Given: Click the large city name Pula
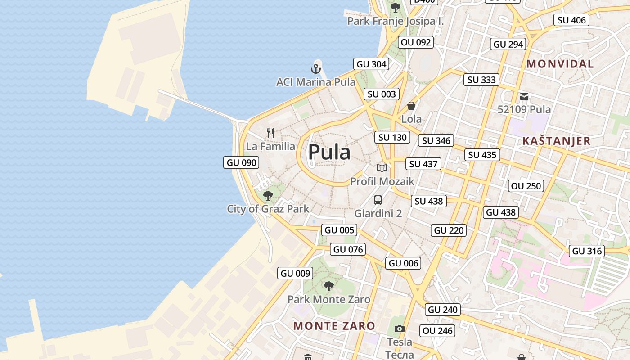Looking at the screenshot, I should pos(329,152).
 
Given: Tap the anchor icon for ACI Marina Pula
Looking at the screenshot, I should pos(316,69).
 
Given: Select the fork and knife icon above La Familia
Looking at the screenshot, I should pos(270,133).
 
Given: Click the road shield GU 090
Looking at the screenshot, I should pos(241,162).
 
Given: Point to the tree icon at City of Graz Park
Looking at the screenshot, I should pos(268,195).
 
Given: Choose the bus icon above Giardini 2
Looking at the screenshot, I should pos(378,200).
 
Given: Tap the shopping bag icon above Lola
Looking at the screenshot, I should pos(411,106).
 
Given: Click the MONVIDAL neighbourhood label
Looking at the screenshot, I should pos(560,64).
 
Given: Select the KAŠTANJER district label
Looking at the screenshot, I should pos(556,141).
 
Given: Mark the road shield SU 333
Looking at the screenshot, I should pos(481,80).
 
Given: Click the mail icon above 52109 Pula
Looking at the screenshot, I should pos(524,96).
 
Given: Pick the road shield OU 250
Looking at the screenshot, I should pos(526,186).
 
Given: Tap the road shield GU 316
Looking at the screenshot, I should pos(587,251).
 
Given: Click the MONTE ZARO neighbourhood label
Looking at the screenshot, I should pos(334,326).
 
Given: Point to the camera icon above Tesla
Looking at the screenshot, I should pos(399,329).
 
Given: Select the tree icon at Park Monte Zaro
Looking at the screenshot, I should pos(329,286).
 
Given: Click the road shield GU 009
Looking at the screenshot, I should pos(295,273).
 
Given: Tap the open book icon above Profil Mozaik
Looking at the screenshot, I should pos(382,168).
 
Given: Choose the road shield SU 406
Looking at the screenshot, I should pos(571,20).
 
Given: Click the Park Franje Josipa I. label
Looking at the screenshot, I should pos(396,21).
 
